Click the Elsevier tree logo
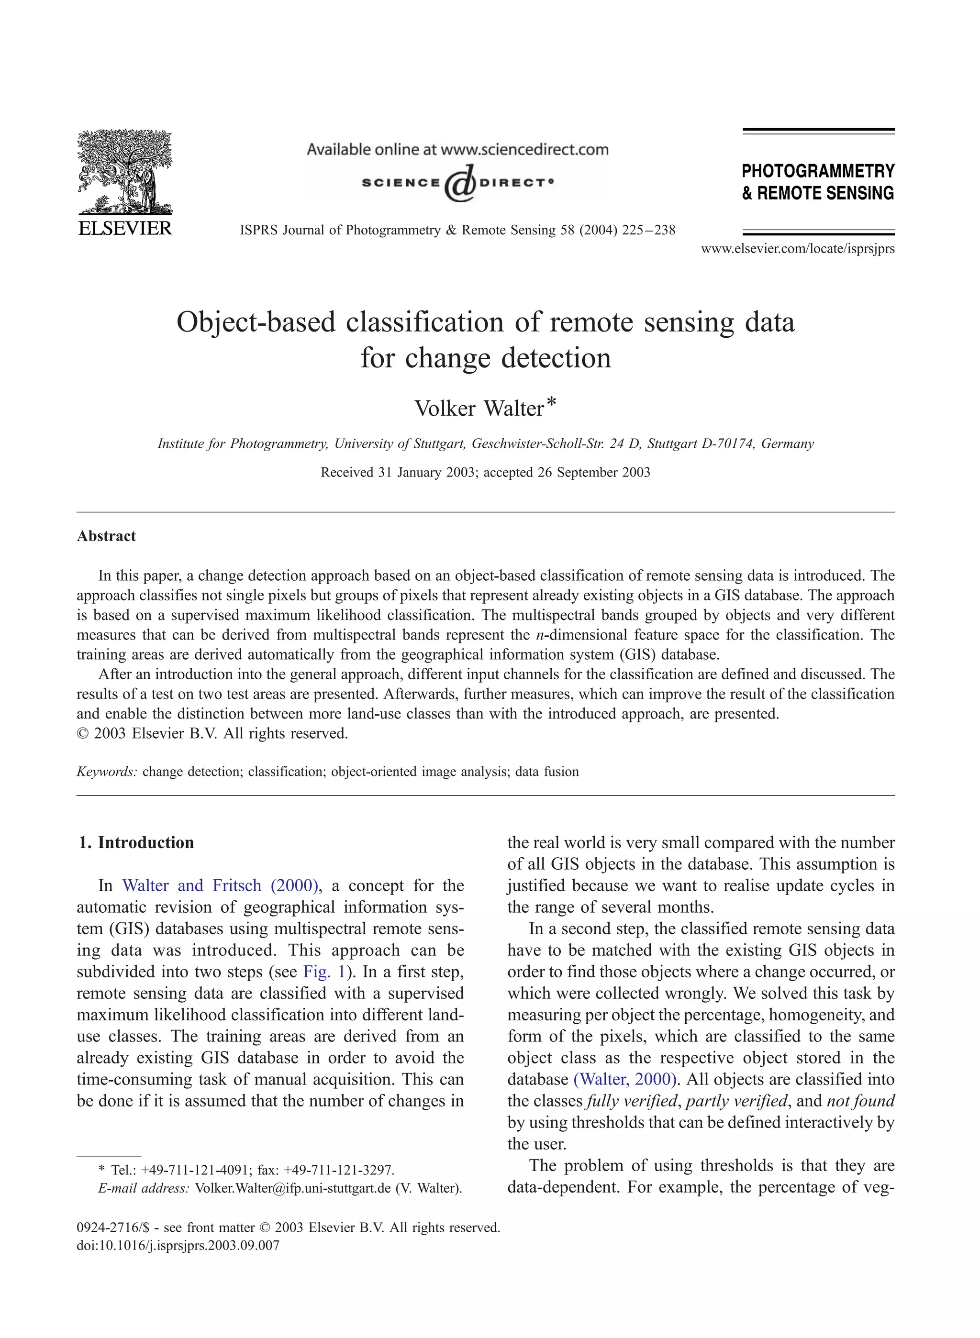point(124,172)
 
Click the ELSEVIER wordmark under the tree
point(124,228)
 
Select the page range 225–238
point(648,230)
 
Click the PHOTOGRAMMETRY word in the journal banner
point(817,171)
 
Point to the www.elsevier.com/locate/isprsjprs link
point(797,249)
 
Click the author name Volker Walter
point(478,409)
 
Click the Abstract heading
point(106,536)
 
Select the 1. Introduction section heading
point(136,843)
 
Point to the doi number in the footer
point(178,1245)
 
